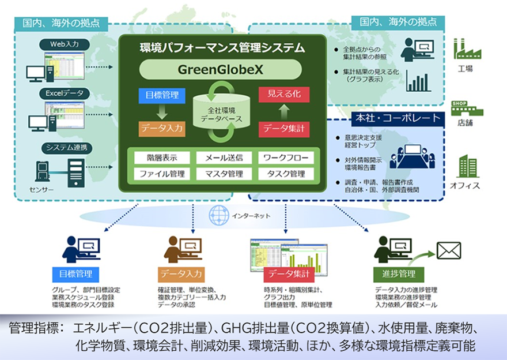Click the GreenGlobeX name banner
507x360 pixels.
(221, 69)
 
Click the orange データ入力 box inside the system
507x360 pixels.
(162, 129)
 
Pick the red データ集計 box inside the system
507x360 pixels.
(284, 129)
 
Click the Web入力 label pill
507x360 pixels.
(64, 44)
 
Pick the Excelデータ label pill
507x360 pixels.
(64, 92)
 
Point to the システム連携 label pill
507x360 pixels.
(64, 148)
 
